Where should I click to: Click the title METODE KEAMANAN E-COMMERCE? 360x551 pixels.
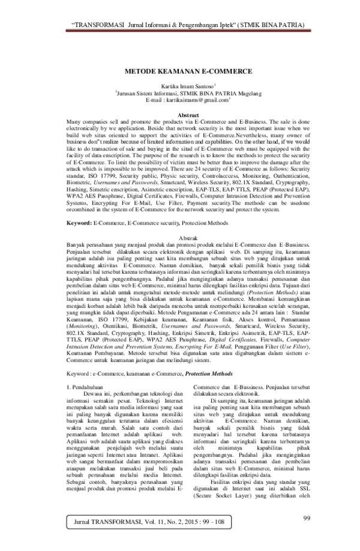point(179,71)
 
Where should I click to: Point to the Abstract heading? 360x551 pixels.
point(180,114)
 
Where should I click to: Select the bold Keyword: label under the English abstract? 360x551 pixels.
point(79,223)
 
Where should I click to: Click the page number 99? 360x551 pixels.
point(306,518)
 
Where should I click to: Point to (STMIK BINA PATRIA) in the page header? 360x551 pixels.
point(263,24)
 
